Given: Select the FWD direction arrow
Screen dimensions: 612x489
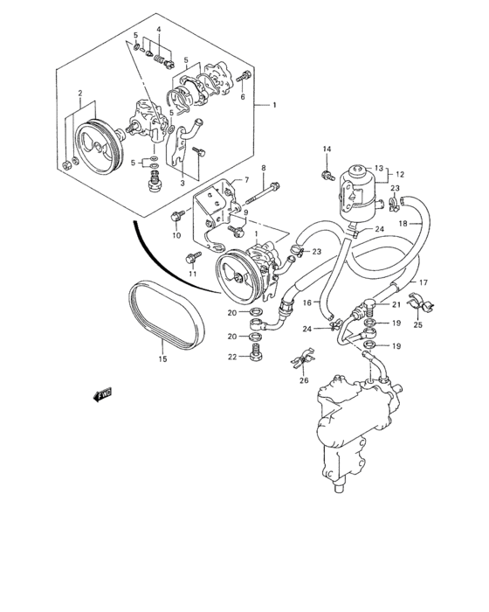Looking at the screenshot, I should (100, 395).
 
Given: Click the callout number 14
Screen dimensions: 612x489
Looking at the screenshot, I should (327, 150).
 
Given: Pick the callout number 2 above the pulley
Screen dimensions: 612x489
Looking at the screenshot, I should (79, 93).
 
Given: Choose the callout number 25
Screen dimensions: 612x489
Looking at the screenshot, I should (417, 325).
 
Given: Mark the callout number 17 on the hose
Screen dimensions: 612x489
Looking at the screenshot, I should (422, 282).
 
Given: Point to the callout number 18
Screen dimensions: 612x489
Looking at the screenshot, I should (428, 224).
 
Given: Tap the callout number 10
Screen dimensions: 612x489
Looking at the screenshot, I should (176, 235).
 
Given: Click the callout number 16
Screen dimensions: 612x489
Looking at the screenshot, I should (307, 302).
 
